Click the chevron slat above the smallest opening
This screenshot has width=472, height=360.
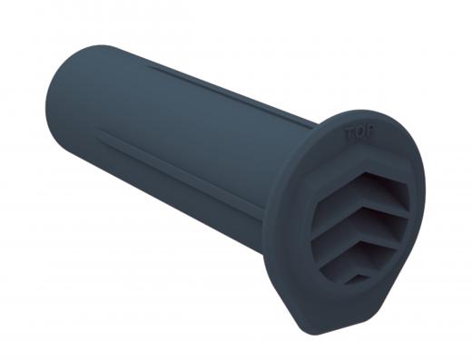pyautogui.click(x=352, y=266)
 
